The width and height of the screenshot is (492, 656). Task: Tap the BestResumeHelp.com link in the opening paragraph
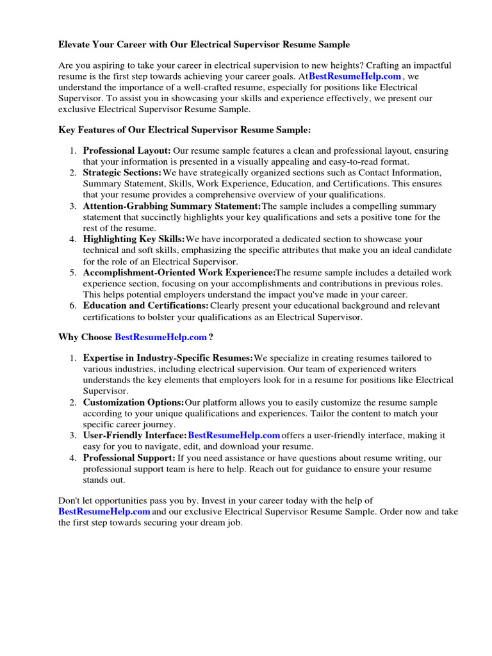point(355,76)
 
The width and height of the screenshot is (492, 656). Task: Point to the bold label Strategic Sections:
point(122,173)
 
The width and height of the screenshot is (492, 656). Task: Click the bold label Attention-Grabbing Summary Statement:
point(172,206)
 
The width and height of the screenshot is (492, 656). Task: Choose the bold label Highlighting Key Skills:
point(133,239)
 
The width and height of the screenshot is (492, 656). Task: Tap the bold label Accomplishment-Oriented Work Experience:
point(179,272)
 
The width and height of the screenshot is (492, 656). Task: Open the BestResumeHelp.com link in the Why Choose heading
point(161,337)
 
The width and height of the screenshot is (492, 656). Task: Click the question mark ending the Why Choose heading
point(211,337)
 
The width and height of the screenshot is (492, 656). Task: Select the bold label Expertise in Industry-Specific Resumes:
point(168,358)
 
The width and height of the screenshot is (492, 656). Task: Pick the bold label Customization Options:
point(133,403)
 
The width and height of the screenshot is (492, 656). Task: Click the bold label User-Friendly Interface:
point(135,436)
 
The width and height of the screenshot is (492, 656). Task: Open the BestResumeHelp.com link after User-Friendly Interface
point(234,436)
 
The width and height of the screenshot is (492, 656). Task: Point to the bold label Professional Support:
point(129,458)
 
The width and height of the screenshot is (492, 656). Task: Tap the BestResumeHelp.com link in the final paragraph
point(104,512)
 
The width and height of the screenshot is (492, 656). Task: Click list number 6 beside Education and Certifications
point(73,306)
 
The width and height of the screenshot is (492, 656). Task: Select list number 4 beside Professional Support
point(73,458)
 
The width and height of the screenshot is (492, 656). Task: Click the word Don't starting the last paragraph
point(70,500)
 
